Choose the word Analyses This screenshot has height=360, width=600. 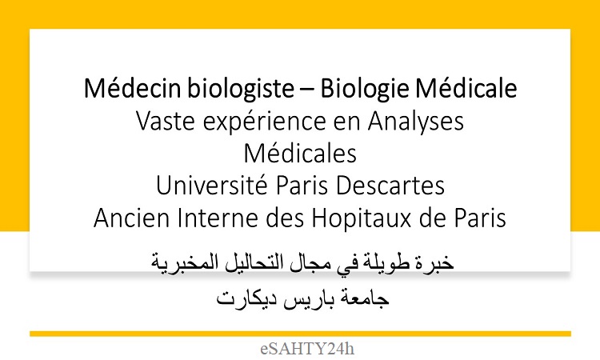coord(416,122)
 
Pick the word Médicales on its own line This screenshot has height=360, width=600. coord(300,154)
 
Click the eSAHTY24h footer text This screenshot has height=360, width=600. coord(307,349)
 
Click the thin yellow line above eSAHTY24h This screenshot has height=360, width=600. coord(300,334)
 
